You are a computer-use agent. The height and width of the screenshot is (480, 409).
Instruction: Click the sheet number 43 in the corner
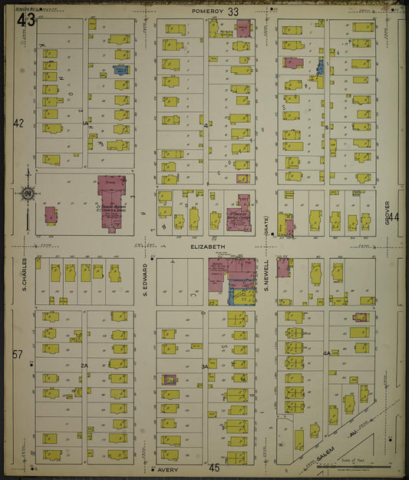coord(25,19)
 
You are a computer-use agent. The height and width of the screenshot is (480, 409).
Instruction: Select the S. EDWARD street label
coord(144,276)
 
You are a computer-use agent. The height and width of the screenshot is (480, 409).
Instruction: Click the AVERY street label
coord(168,468)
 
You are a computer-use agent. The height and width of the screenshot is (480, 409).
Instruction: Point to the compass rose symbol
coord(28,194)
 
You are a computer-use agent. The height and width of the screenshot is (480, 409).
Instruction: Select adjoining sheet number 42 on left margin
coord(19,123)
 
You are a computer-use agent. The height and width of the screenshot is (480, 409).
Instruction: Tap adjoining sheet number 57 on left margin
coord(19,354)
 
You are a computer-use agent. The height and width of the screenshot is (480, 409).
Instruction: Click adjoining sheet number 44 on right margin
coord(394,217)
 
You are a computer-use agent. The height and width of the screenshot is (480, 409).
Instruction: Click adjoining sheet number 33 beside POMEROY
coord(233,12)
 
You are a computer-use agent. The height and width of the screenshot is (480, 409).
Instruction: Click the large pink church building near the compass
coord(112,198)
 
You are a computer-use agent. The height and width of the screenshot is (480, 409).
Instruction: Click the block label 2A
coord(84,367)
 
